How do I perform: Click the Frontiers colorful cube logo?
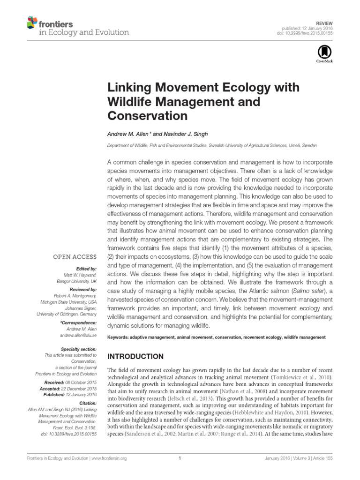[x=32, y=22]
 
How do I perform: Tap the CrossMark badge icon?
[x=324, y=53]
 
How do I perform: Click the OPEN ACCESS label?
[x=75, y=257]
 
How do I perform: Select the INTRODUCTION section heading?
[x=136, y=357]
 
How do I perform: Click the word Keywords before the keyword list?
[x=120, y=337]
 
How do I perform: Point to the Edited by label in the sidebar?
[x=87, y=269]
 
